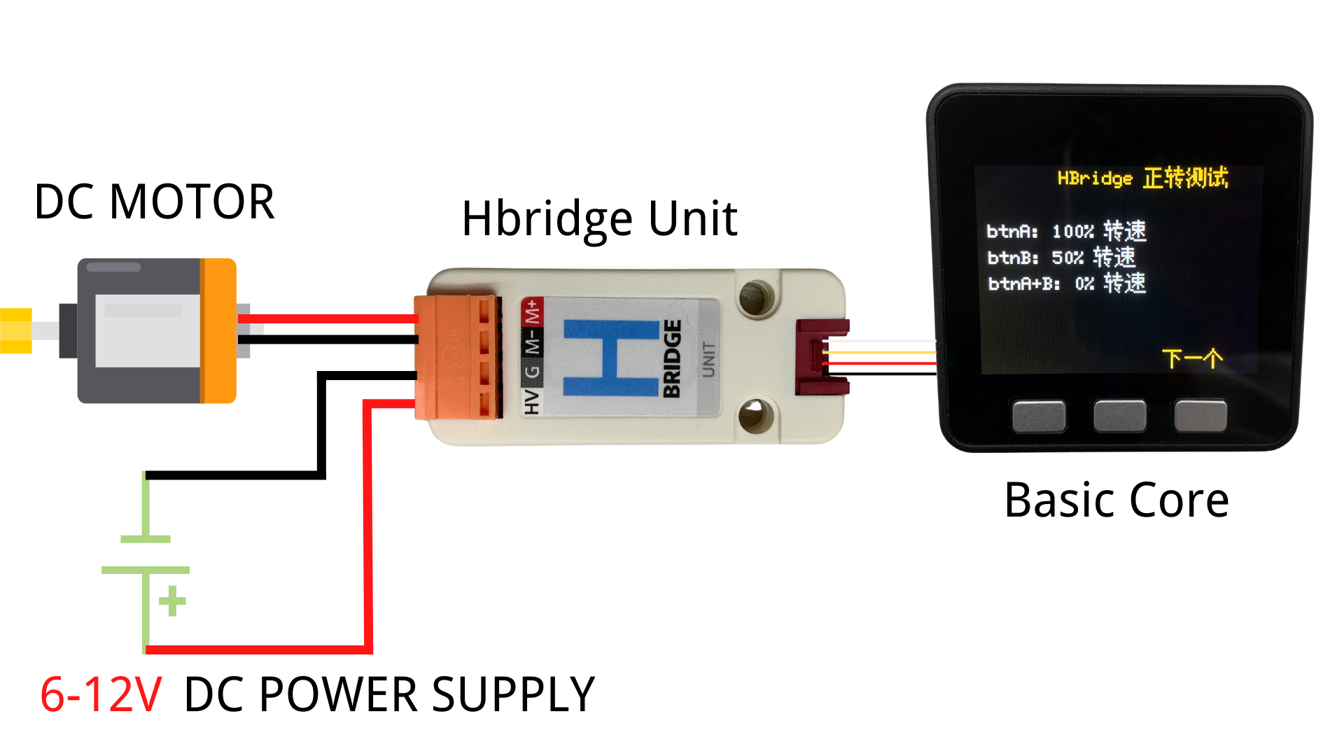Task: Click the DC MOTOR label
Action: click(154, 202)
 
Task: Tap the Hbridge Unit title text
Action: click(599, 219)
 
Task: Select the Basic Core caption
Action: click(1116, 500)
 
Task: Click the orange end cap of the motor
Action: click(218, 330)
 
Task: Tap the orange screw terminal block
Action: click(456, 357)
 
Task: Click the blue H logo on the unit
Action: click(611, 358)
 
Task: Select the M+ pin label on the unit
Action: click(533, 312)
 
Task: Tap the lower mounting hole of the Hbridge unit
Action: click(755, 415)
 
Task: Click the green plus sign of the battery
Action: click(172, 601)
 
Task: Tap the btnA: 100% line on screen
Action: click(1065, 231)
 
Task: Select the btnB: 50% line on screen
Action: click(1060, 258)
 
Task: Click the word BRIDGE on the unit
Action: click(672, 358)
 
